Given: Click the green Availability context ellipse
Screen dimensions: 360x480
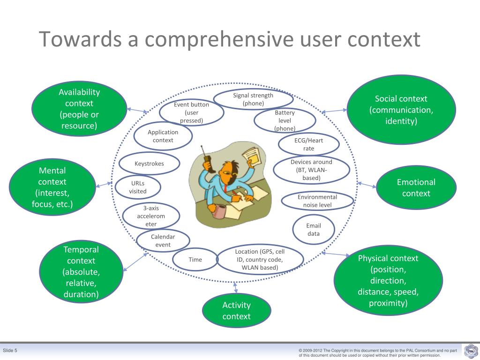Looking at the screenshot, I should coord(79,109).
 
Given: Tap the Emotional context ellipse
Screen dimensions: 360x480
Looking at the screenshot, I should coord(416,187).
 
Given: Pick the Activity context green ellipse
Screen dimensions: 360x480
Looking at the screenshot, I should coord(236,310).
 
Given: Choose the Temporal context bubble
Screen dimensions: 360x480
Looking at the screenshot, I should coord(81,272).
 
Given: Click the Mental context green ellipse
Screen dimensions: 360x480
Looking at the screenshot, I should coord(52,187).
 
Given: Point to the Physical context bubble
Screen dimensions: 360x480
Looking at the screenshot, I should coord(388,280).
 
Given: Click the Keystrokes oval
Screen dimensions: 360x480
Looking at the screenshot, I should coord(149,164).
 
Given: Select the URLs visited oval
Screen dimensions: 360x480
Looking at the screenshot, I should coord(138,187).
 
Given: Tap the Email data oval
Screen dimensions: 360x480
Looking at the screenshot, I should coord(313,230).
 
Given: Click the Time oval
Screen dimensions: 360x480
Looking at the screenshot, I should coord(195,260).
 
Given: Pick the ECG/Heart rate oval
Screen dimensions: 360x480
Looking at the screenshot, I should coord(308,144).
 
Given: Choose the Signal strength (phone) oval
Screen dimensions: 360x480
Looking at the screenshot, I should coord(253,99).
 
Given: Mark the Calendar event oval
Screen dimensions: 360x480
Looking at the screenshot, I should coord(163,240).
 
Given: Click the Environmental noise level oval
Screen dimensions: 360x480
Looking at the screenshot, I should coord(317,201).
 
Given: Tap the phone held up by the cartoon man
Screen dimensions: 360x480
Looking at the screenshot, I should coord(206,162).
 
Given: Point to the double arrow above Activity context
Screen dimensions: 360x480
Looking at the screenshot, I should coord(235,287).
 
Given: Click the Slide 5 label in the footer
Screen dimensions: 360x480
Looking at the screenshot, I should coord(10,351).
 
